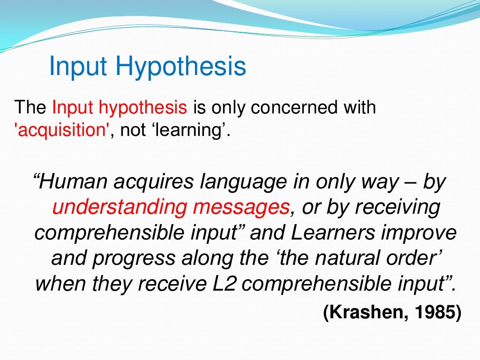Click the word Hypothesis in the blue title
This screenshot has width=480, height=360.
tap(181, 67)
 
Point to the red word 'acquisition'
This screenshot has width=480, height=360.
tap(61, 129)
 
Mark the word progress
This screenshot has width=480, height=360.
tap(136, 258)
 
